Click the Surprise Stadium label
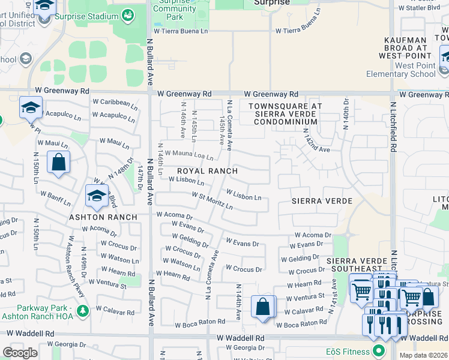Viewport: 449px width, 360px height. pyautogui.click(x=86, y=17)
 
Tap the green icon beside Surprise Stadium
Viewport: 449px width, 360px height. pyautogui.click(x=127, y=14)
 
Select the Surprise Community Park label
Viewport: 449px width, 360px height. pyautogui.click(x=174, y=9)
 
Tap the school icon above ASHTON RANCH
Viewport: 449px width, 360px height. pyautogui.click(x=97, y=195)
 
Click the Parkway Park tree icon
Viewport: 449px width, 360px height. pyautogui.click(x=82, y=310)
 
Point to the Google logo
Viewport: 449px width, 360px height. pyautogui.click(x=20, y=353)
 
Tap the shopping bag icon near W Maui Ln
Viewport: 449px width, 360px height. pyautogui.click(x=58, y=162)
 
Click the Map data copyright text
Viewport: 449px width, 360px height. pyautogui.click(x=424, y=355)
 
